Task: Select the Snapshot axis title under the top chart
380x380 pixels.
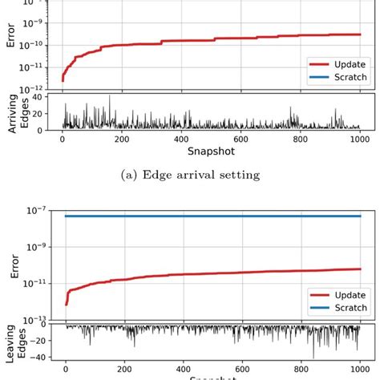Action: (x=211, y=150)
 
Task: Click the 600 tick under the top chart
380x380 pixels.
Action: (x=241, y=138)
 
